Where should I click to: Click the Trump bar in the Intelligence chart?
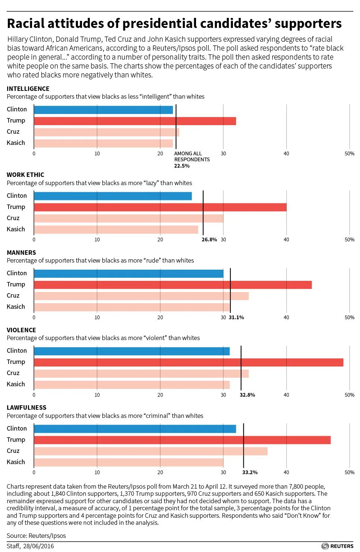135,121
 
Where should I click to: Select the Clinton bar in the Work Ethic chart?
113,196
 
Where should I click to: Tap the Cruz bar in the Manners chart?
141,296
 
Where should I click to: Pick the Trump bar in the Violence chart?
188,362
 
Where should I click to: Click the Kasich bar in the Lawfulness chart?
128,463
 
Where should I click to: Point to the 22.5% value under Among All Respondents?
182,166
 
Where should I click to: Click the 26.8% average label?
209,239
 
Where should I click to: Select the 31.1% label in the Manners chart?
236,317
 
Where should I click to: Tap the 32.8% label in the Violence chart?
247,395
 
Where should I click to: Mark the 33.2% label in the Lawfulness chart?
250,472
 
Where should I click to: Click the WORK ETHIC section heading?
25,175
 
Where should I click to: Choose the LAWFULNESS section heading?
26,407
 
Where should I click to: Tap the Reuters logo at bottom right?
337,546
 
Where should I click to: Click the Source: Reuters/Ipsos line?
36,536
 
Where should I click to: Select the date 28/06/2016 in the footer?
38,546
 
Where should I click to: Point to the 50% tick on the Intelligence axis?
349,153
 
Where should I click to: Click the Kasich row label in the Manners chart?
16,307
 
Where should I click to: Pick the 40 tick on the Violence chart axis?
286,395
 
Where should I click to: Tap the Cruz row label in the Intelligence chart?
13,131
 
